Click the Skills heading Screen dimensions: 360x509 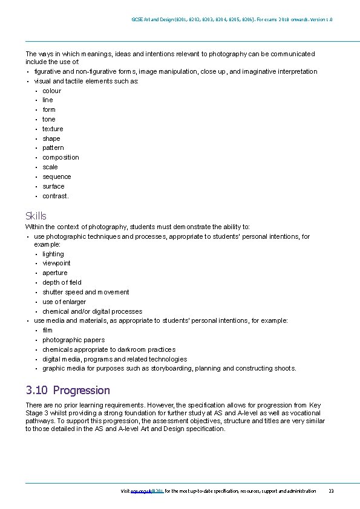(36, 216)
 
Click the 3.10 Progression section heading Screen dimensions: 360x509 (68, 391)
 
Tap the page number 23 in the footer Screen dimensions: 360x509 (331, 491)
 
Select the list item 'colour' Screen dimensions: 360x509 (51, 91)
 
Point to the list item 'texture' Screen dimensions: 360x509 (53, 129)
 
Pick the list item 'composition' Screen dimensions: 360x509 (61, 157)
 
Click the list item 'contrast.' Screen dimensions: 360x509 (56, 196)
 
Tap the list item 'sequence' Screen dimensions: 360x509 (57, 177)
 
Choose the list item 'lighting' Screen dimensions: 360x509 (53, 254)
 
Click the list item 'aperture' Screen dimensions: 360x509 (55, 273)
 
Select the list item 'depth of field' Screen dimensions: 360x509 (62, 282)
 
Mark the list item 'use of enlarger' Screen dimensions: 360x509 (64, 302)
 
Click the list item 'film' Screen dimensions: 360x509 (48, 330)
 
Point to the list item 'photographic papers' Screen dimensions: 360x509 (73, 340)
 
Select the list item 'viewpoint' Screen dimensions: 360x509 (56, 263)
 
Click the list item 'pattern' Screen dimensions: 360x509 (53, 148)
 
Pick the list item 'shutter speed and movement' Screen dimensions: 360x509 (85, 292)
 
